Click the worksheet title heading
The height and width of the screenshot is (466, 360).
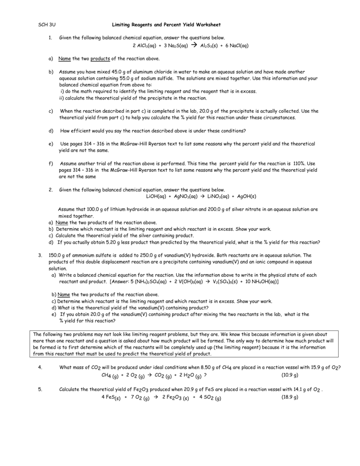pos(166,24)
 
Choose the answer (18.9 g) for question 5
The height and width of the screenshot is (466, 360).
pos(289,397)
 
